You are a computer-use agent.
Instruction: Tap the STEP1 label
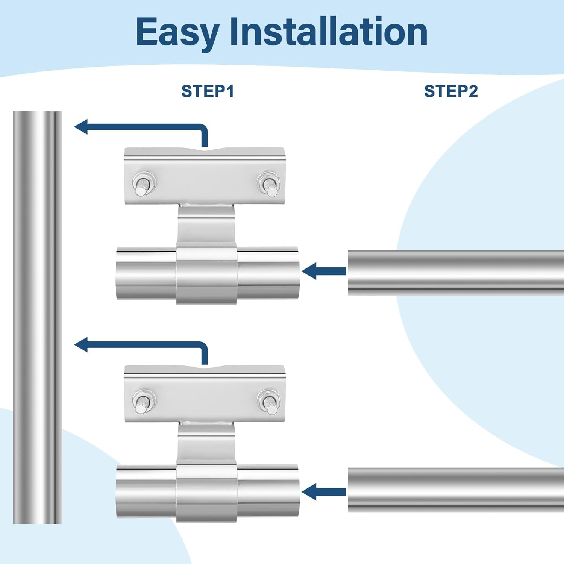208,91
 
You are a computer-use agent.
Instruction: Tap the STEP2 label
451,91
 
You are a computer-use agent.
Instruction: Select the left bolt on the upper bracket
142,184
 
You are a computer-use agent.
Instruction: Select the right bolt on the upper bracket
268,184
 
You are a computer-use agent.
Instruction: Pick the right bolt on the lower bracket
268,402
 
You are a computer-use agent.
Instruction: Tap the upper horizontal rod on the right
455,273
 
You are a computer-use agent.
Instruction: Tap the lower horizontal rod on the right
455,490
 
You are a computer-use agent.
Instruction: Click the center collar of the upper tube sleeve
206,274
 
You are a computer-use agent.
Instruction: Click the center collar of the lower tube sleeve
206,493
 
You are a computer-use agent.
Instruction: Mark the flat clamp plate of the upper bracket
205,177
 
